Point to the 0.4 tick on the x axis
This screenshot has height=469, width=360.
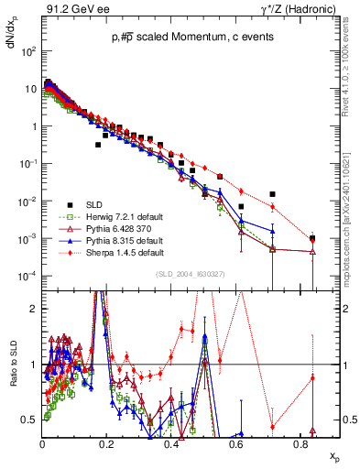[171, 442]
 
